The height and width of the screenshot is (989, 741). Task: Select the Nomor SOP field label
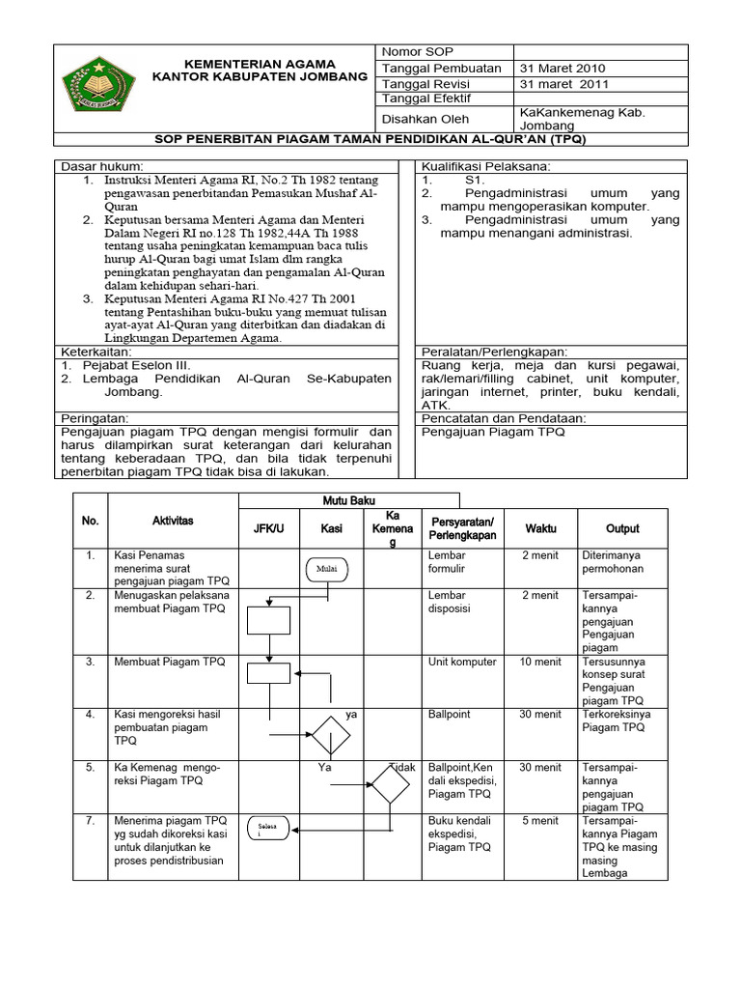[417, 52]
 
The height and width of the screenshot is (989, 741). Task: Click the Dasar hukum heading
[101, 166]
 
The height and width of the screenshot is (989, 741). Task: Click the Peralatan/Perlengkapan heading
[494, 352]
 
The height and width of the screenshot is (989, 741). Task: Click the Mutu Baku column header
[348, 499]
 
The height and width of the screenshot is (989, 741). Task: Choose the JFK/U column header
[268, 528]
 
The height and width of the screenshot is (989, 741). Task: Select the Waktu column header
[540, 528]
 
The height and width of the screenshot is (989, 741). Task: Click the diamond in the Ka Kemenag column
[391, 784]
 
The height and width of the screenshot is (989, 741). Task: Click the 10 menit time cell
[540, 662]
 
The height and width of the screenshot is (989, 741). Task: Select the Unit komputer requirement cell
[462, 662]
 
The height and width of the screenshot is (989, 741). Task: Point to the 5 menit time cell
[540, 821]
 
